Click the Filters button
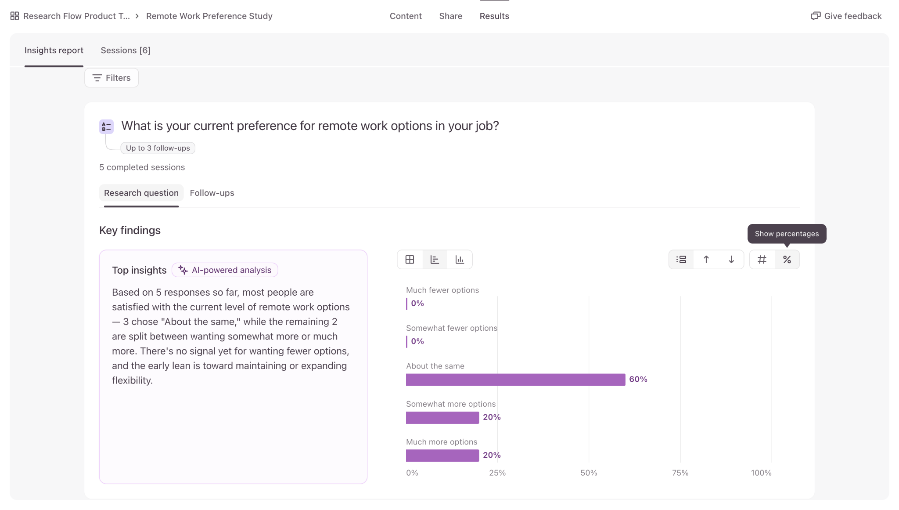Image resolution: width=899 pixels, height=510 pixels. (x=111, y=78)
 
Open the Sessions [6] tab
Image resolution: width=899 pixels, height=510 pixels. (x=126, y=51)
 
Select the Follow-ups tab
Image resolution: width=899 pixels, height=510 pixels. (x=212, y=193)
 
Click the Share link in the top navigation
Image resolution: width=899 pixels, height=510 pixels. (x=451, y=16)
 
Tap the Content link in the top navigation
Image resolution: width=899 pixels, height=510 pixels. (x=406, y=16)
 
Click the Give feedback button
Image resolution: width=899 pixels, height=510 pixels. (x=846, y=16)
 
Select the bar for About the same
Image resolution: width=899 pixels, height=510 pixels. (x=515, y=380)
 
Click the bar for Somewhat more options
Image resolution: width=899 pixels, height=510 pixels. (x=442, y=418)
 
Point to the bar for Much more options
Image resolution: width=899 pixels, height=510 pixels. (x=442, y=456)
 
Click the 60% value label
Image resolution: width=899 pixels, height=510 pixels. (x=638, y=379)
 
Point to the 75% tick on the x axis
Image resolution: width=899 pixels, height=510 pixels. (x=680, y=473)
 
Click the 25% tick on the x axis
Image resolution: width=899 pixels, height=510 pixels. (x=497, y=473)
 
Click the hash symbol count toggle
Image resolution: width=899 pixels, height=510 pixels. (x=762, y=260)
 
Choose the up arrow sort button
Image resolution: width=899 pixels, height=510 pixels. (x=706, y=260)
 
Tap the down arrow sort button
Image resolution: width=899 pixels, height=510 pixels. (x=731, y=260)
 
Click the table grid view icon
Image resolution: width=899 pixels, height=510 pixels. (x=410, y=260)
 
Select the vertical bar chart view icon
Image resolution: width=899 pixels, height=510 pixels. (x=460, y=260)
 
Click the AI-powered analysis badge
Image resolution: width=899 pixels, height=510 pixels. (x=225, y=270)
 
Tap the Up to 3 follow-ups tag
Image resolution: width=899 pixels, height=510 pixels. (x=158, y=148)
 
